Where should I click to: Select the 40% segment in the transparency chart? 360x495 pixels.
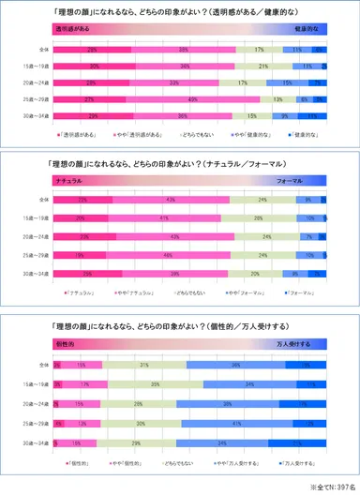point(192,98)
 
